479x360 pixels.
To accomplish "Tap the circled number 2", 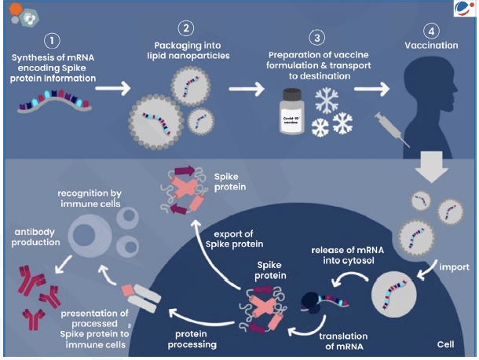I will click(186, 29).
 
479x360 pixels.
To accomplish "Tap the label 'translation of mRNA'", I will click(342, 341).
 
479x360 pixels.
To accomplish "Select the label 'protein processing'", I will click(194, 339).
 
